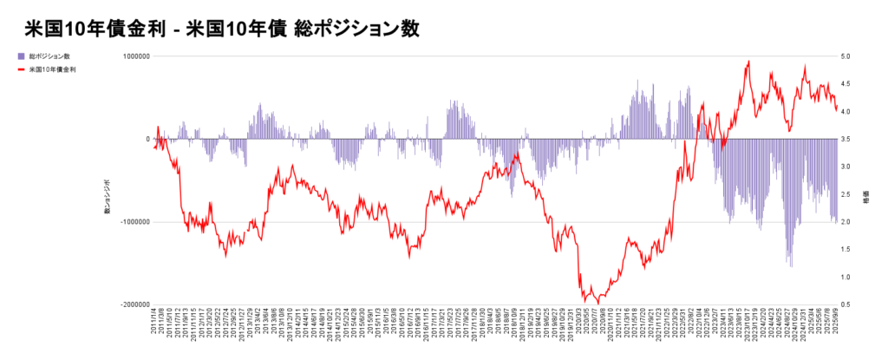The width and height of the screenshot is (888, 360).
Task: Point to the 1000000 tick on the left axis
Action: tap(132, 56)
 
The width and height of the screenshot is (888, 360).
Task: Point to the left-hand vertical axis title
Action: tap(108, 199)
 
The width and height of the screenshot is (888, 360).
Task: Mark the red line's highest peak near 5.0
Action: tap(748, 62)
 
